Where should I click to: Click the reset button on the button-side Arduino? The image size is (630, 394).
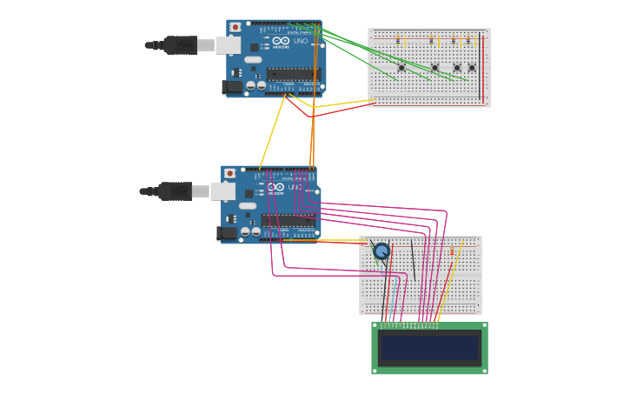(235, 27)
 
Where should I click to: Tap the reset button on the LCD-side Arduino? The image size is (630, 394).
(229, 174)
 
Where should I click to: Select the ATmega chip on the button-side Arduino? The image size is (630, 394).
(292, 74)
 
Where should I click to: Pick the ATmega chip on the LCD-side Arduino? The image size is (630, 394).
(288, 221)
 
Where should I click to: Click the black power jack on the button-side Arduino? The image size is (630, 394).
(232, 87)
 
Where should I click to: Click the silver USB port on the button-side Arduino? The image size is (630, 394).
(229, 44)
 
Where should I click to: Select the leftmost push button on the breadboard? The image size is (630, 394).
(401, 67)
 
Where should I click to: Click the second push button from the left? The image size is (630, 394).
(434, 67)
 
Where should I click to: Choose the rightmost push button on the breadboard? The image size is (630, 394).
(472, 67)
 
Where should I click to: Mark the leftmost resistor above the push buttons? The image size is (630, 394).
(398, 41)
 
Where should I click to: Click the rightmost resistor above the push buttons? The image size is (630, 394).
(468, 41)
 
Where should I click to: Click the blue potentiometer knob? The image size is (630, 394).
(381, 251)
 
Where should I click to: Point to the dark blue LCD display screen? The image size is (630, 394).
(429, 348)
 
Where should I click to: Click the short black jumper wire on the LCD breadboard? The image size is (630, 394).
(412, 261)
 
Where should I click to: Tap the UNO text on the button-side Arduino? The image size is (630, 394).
(300, 41)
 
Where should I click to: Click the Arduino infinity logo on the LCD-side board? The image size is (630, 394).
(276, 187)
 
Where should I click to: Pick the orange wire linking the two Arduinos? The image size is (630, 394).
(313, 130)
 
